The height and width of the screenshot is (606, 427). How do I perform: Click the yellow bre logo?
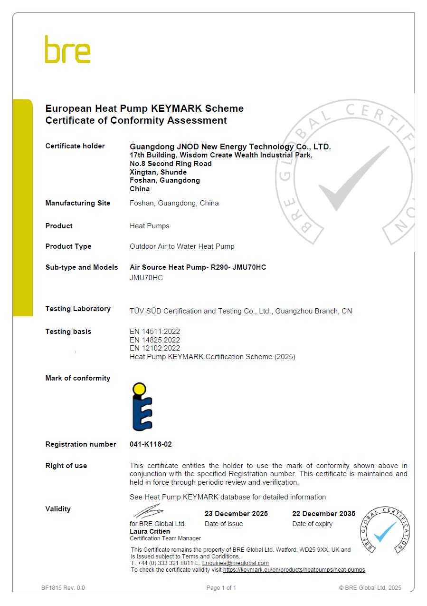tap(67, 49)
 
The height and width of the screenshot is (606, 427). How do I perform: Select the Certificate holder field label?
tap(75, 146)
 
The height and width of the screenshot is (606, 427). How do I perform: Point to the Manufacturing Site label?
tap(77, 203)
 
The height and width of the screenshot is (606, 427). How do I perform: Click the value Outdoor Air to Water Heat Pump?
tap(182, 246)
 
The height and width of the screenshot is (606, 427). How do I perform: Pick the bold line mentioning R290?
tap(198, 267)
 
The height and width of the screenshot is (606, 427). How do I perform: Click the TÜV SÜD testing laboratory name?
tap(241, 311)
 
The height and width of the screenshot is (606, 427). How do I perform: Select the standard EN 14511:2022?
tap(155, 332)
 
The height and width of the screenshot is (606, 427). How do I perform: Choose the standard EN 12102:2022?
tap(155, 348)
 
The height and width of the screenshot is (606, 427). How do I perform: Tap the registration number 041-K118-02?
tap(151, 444)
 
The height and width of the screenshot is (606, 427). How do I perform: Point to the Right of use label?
tap(66, 466)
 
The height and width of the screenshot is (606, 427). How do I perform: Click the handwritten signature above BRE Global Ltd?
tap(149, 512)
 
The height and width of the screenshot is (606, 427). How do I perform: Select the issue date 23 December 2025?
tap(236, 514)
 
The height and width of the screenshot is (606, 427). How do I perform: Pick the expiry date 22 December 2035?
tap(323, 514)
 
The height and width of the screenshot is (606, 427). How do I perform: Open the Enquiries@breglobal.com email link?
tap(235, 563)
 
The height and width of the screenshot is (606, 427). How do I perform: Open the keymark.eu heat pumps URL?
tap(294, 570)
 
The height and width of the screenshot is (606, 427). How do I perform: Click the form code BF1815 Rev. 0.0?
tap(63, 588)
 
